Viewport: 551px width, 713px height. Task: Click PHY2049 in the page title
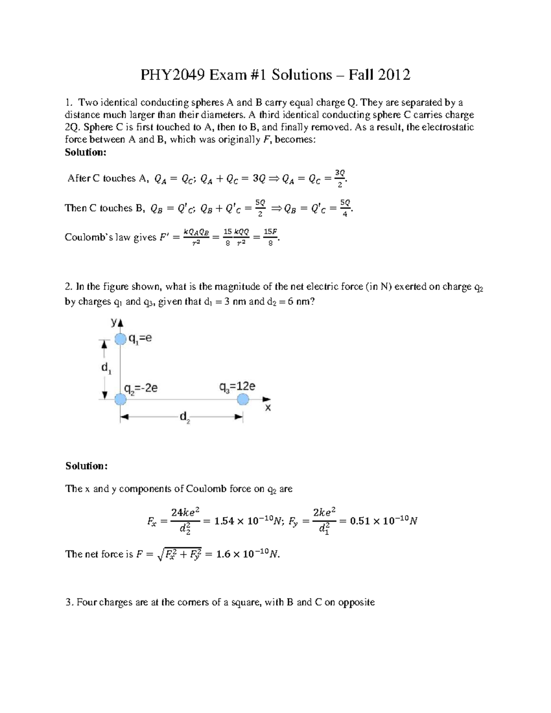click(x=173, y=74)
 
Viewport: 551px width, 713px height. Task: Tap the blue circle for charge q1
click(x=120, y=339)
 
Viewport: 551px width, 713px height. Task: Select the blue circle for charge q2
click(x=120, y=399)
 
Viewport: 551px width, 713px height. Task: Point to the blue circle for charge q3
click(x=243, y=399)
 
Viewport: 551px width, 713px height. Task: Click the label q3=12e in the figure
click(x=236, y=387)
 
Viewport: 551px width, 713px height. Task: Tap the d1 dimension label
click(x=106, y=368)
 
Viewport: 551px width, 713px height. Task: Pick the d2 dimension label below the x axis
click(x=185, y=417)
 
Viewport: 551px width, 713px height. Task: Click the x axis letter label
click(x=268, y=408)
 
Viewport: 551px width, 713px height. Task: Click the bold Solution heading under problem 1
click(x=85, y=152)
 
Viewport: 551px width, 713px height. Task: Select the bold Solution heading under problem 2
click(x=86, y=466)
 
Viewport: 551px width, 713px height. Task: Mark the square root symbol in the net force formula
click(x=160, y=555)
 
